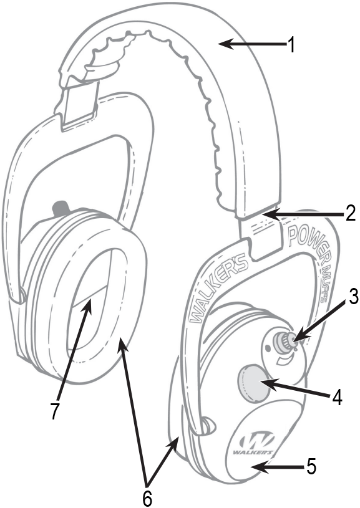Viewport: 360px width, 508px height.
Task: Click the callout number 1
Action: pos(291,44)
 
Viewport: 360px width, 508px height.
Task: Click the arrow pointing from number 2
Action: pos(303,214)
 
